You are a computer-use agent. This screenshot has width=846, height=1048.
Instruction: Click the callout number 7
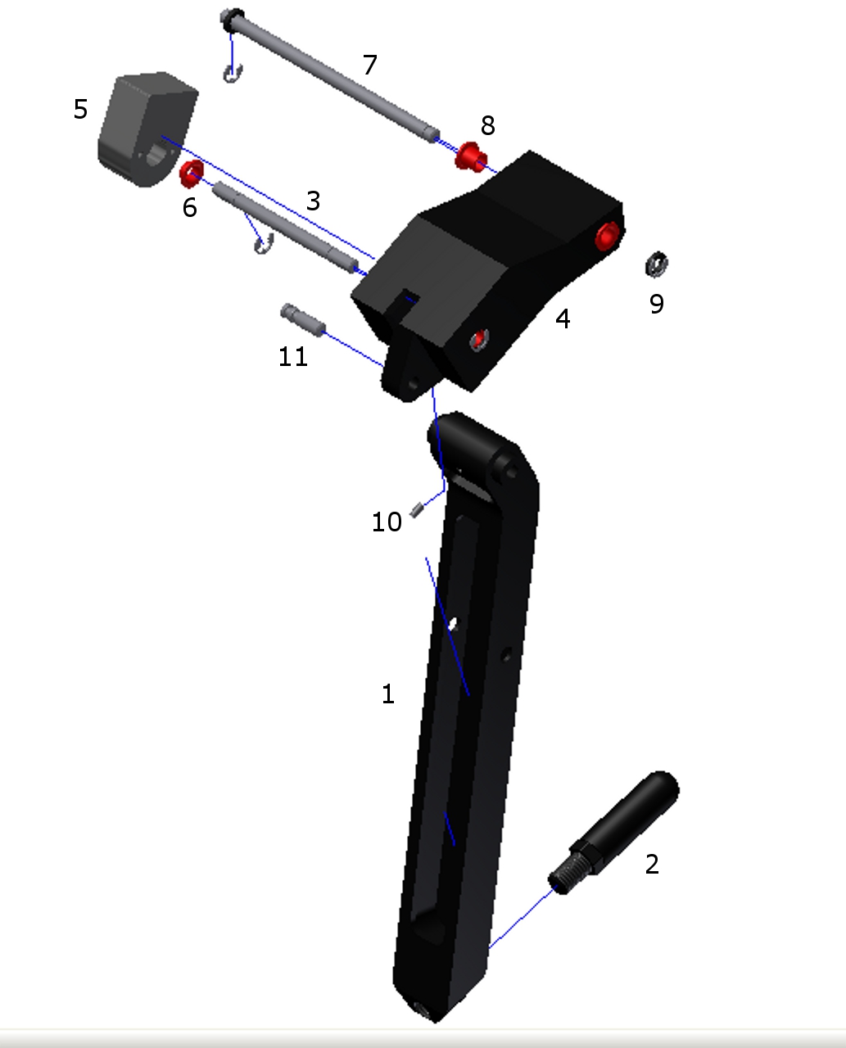[x=369, y=65]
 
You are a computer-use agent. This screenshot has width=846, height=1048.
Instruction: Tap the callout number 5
[x=81, y=109]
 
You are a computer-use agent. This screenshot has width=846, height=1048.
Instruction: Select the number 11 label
[x=293, y=356]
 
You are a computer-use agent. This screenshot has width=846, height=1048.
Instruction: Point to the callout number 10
[x=387, y=522]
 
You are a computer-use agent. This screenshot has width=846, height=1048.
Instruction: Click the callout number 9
[x=657, y=304]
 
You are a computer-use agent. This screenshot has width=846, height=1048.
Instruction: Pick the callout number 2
[x=652, y=864]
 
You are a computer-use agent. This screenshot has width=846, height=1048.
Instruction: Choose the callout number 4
[x=563, y=318]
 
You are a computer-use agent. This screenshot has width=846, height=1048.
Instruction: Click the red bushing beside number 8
[x=471, y=157]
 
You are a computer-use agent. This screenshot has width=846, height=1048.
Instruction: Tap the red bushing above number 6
[x=192, y=174]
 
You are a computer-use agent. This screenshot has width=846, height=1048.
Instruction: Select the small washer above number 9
[x=657, y=264]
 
